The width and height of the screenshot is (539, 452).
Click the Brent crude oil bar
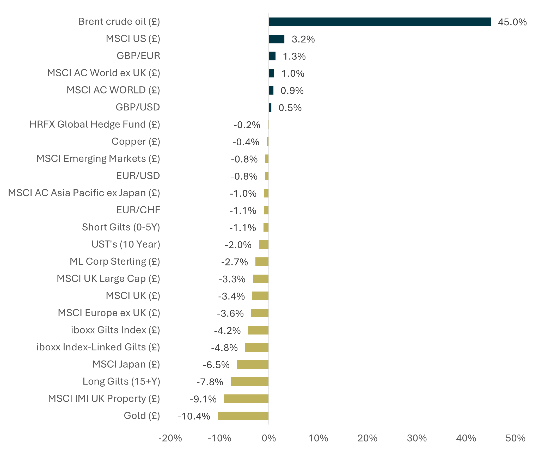379,22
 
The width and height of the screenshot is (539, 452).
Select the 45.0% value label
512,22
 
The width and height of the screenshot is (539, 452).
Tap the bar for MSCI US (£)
277,39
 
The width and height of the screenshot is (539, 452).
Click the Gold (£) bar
243,416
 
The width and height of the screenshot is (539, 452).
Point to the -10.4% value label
194,416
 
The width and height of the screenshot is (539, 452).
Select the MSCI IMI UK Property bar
246,399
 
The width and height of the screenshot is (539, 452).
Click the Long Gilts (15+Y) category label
121,381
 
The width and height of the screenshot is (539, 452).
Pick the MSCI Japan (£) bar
253,364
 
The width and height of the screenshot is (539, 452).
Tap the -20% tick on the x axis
170,438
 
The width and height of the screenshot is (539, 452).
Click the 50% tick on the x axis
515,438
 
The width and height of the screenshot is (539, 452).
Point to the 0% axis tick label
269,438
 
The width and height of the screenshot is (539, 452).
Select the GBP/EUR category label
138,56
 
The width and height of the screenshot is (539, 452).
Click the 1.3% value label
294,56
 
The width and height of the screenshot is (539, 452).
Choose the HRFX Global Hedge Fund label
95,124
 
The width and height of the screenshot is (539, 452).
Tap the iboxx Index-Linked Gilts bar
257,347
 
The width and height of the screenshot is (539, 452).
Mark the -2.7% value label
234,262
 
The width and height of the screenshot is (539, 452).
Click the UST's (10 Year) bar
264,245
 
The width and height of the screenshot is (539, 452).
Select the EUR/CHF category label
138,210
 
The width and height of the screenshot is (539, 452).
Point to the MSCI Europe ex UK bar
260,313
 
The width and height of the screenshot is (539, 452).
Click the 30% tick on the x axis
416,438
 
